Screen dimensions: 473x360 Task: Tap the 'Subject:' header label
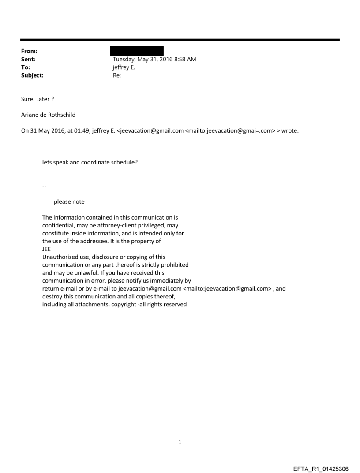tap(31, 75)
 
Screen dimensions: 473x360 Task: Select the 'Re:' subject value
tap(117, 75)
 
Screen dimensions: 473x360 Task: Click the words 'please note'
tap(69, 202)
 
